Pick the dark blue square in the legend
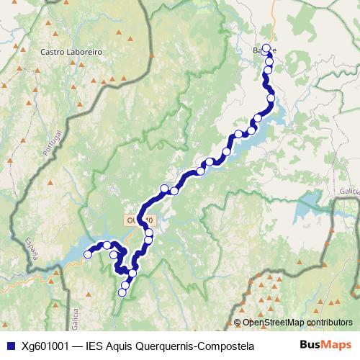tap(10, 346)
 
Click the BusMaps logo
tap(325, 346)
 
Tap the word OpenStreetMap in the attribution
tap(273, 322)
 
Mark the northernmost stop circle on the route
tap(266, 48)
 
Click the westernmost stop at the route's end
tap(88, 254)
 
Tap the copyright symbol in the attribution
tap(237, 322)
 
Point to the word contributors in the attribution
tap(328, 322)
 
